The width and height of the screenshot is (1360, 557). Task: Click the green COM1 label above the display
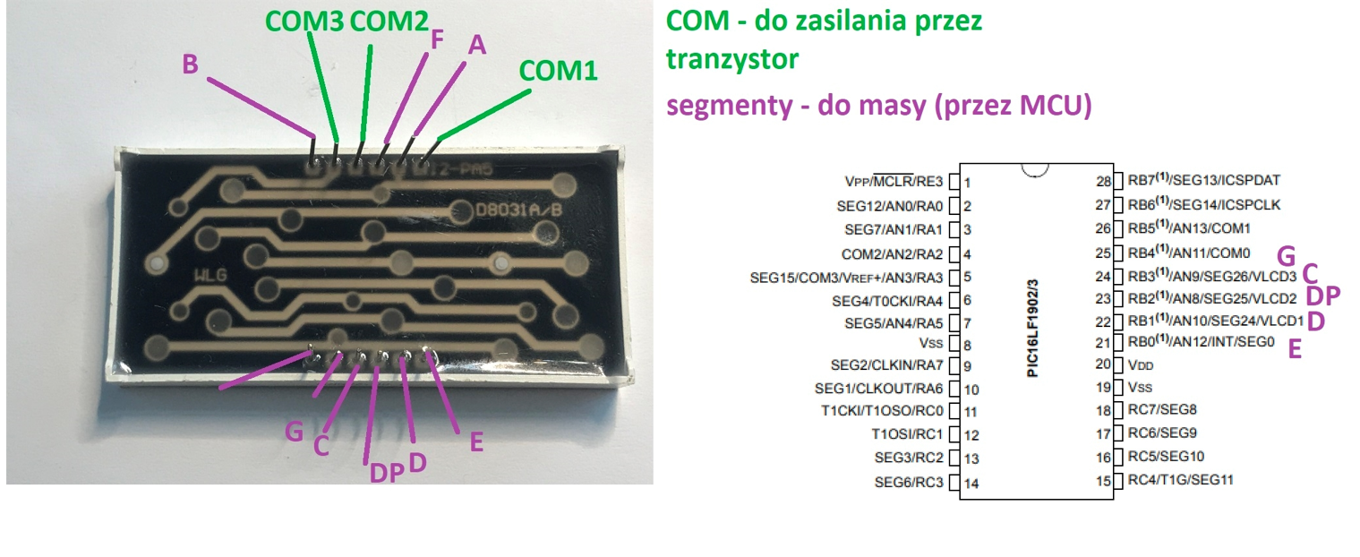point(558,71)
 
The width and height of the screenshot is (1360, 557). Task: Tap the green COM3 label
point(304,21)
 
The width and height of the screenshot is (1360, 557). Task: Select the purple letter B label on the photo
point(190,64)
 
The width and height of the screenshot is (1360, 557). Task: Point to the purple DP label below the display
point(387,473)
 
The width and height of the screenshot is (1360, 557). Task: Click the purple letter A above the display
point(477,45)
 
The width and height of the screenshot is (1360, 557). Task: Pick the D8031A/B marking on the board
point(518,210)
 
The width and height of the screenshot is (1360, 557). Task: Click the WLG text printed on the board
point(210,276)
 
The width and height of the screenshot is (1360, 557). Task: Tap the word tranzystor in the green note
point(732,59)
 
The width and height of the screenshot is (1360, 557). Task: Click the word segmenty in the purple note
point(729,106)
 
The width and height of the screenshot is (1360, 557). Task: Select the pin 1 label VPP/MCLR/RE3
point(894,181)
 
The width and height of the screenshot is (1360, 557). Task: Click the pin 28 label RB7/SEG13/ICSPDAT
point(1204,180)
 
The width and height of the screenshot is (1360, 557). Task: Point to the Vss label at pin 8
point(931,343)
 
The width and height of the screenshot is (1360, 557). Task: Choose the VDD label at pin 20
point(1141,365)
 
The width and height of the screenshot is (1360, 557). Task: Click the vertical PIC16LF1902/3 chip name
point(1032,329)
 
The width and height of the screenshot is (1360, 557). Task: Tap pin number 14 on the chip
point(971,484)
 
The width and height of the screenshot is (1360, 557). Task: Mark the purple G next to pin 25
point(1287,256)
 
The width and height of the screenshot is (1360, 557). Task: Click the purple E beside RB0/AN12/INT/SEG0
point(1295,349)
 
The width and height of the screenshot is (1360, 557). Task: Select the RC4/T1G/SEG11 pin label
point(1180,480)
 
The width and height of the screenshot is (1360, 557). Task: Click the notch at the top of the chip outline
point(1035,171)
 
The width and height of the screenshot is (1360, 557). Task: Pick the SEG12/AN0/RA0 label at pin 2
point(889,207)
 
